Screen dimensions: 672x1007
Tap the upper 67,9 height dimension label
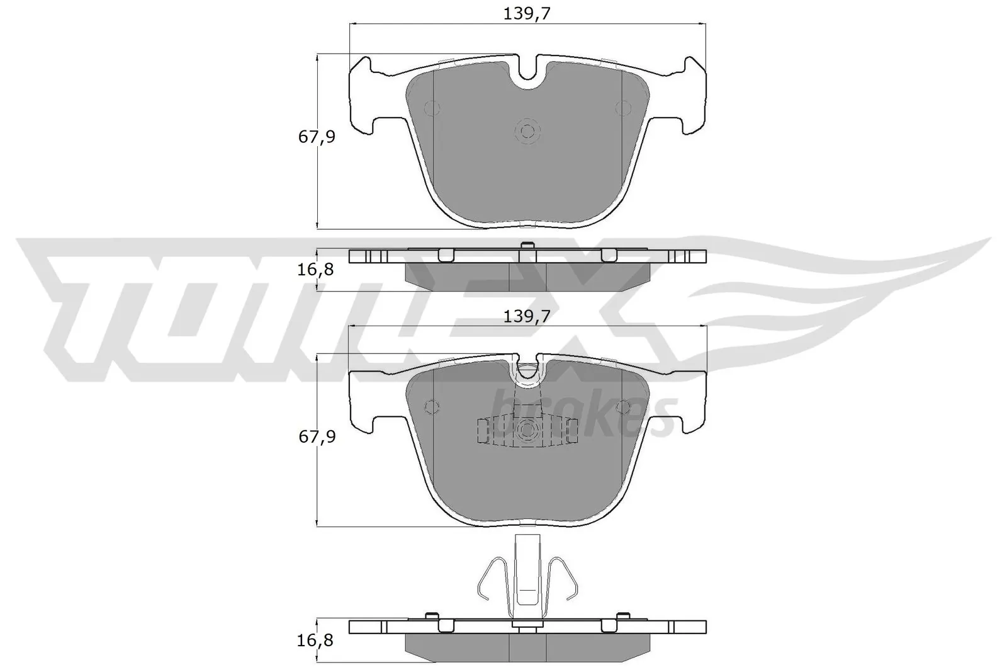coord(317,137)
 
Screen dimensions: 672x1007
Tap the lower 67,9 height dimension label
coord(317,436)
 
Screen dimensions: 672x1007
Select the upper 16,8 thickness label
coord(315,270)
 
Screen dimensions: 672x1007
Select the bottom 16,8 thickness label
coord(315,641)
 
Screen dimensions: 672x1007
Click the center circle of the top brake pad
coord(527,131)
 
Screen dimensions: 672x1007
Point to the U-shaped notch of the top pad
coord(527,76)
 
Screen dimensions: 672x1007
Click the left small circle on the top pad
coord(432,108)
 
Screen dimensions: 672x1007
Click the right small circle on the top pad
coord(622,108)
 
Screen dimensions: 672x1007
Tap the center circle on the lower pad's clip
coord(527,430)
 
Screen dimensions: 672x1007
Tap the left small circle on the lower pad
coord(432,407)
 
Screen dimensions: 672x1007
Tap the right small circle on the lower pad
coord(622,407)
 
